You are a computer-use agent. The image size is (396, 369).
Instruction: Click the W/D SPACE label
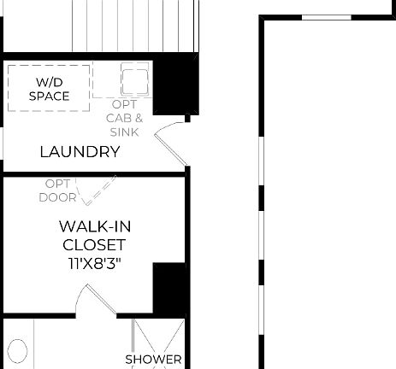pyautogui.click(x=49, y=89)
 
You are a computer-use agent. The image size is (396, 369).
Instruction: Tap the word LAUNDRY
pyautogui.click(x=80, y=152)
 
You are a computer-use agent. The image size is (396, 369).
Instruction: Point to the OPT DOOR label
pyautogui.click(x=58, y=190)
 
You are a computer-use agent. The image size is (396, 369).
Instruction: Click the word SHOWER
pyautogui.click(x=154, y=360)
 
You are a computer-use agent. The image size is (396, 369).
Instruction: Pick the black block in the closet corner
pyautogui.click(x=169, y=289)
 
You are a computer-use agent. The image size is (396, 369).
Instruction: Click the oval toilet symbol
pyautogui.click(x=17, y=351)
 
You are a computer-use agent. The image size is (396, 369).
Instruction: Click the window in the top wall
pyautogui.click(x=327, y=16)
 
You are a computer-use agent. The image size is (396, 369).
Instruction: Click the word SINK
pyautogui.click(x=125, y=132)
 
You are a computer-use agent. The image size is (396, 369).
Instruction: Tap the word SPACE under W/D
pyautogui.click(x=49, y=96)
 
